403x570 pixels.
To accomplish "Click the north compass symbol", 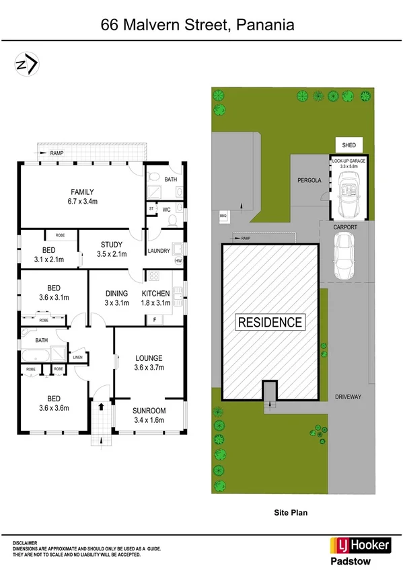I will click(27, 65).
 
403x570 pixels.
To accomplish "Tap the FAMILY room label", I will click(82, 192).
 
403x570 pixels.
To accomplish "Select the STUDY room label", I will click(111, 244).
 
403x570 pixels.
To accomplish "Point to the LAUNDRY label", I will click(159, 251).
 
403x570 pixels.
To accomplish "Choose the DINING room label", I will click(116, 294).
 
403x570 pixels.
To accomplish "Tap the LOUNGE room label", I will click(149, 358).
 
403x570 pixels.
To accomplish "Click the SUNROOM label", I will click(149, 411).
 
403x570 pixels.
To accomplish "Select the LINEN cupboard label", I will click(78, 357).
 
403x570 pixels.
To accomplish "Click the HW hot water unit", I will click(178, 261).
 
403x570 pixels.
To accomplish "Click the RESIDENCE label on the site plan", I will click(270, 322).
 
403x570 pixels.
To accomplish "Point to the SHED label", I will click(349, 145).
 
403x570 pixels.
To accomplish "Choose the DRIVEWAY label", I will click(348, 397).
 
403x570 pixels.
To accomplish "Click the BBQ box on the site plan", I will click(223, 216).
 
